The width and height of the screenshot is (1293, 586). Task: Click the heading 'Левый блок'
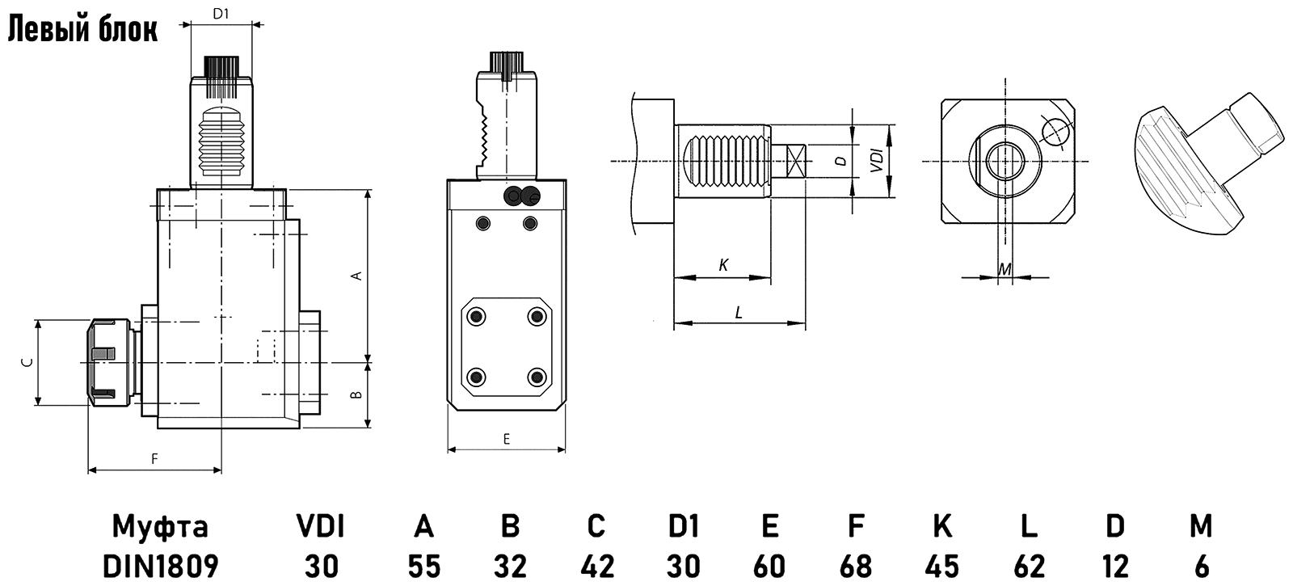tap(82, 29)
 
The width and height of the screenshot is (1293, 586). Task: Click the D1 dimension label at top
tap(221, 13)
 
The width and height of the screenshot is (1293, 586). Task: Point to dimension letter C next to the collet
tap(27, 362)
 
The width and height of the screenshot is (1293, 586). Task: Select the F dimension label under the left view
tap(154, 458)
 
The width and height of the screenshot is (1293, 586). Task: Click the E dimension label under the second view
tap(507, 439)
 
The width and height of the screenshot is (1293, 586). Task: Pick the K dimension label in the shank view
tap(723, 265)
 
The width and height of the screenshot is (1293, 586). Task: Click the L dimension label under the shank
tap(739, 312)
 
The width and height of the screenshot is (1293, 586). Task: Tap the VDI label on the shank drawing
tap(875, 161)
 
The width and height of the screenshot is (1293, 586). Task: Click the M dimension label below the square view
tap(1003, 268)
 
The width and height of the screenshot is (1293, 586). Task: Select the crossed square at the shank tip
tap(795, 161)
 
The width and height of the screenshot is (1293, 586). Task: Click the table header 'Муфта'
tap(160, 526)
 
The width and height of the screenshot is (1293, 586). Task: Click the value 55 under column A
tap(424, 566)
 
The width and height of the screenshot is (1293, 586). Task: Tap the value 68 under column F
tap(855, 566)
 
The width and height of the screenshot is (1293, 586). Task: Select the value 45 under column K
tap(941, 566)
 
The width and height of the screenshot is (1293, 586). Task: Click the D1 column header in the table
tap(683, 526)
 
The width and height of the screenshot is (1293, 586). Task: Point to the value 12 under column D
tap(1114, 566)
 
